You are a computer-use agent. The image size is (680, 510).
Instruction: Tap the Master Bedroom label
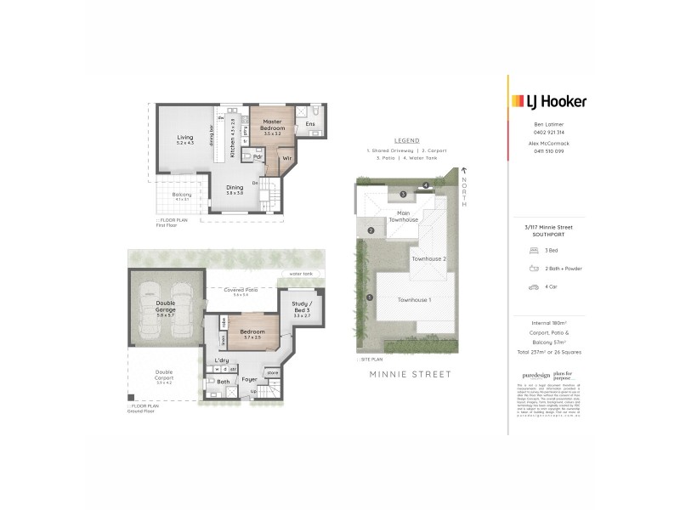pyautogui.click(x=271, y=128)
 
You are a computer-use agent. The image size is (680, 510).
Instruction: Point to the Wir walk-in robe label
pyautogui.click(x=287, y=158)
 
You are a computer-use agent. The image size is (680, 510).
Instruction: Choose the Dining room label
pyautogui.click(x=235, y=188)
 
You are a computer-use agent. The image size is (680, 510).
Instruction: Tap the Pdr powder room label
pyautogui.click(x=257, y=158)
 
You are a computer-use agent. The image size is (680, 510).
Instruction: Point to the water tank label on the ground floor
pyautogui.click(x=301, y=274)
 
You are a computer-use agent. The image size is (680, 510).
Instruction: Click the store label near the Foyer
pyautogui.click(x=273, y=371)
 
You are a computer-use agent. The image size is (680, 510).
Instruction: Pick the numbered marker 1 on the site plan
pyautogui.click(x=370, y=297)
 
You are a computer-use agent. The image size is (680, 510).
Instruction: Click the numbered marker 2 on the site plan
pyautogui.click(x=371, y=230)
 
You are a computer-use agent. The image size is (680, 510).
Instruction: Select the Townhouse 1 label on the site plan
pyautogui.click(x=417, y=300)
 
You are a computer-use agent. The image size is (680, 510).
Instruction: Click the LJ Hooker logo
pyautogui.click(x=547, y=102)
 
